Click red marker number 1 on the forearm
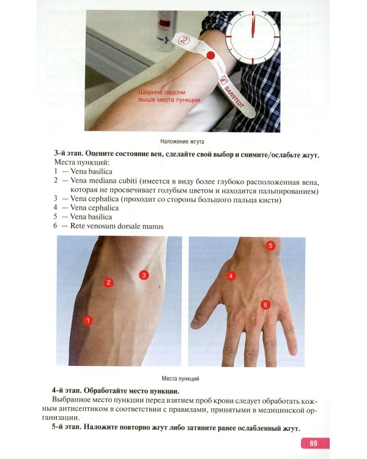[88, 320]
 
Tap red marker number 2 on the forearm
[108, 282]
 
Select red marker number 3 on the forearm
[144, 275]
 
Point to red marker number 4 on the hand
[231, 276]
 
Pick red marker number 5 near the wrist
[270, 245]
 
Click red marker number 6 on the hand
[265, 305]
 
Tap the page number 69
[313, 443]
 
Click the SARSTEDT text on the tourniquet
[234, 97]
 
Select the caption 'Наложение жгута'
[182, 141]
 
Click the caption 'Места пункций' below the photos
[180, 378]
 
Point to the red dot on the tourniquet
[210, 56]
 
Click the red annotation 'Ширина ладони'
[162, 92]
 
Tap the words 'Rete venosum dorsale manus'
[117, 226]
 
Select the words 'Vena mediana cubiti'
[103, 181]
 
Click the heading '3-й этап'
[69, 154]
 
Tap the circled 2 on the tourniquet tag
[183, 40]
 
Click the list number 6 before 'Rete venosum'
[55, 226]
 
